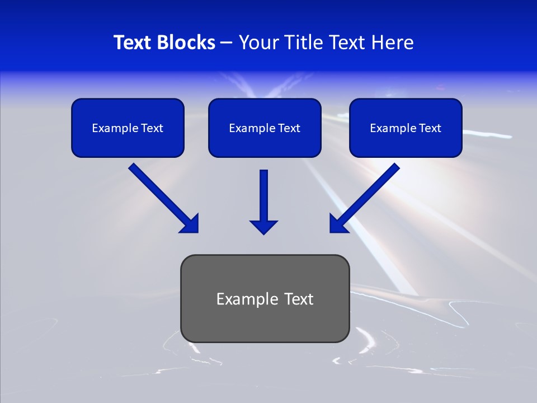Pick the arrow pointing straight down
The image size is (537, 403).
(x=263, y=199)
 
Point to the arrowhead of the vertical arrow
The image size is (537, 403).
(x=263, y=227)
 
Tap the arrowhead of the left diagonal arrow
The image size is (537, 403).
(x=190, y=224)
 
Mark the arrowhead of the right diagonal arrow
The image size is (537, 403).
(x=337, y=224)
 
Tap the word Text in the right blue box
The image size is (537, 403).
(x=430, y=128)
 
